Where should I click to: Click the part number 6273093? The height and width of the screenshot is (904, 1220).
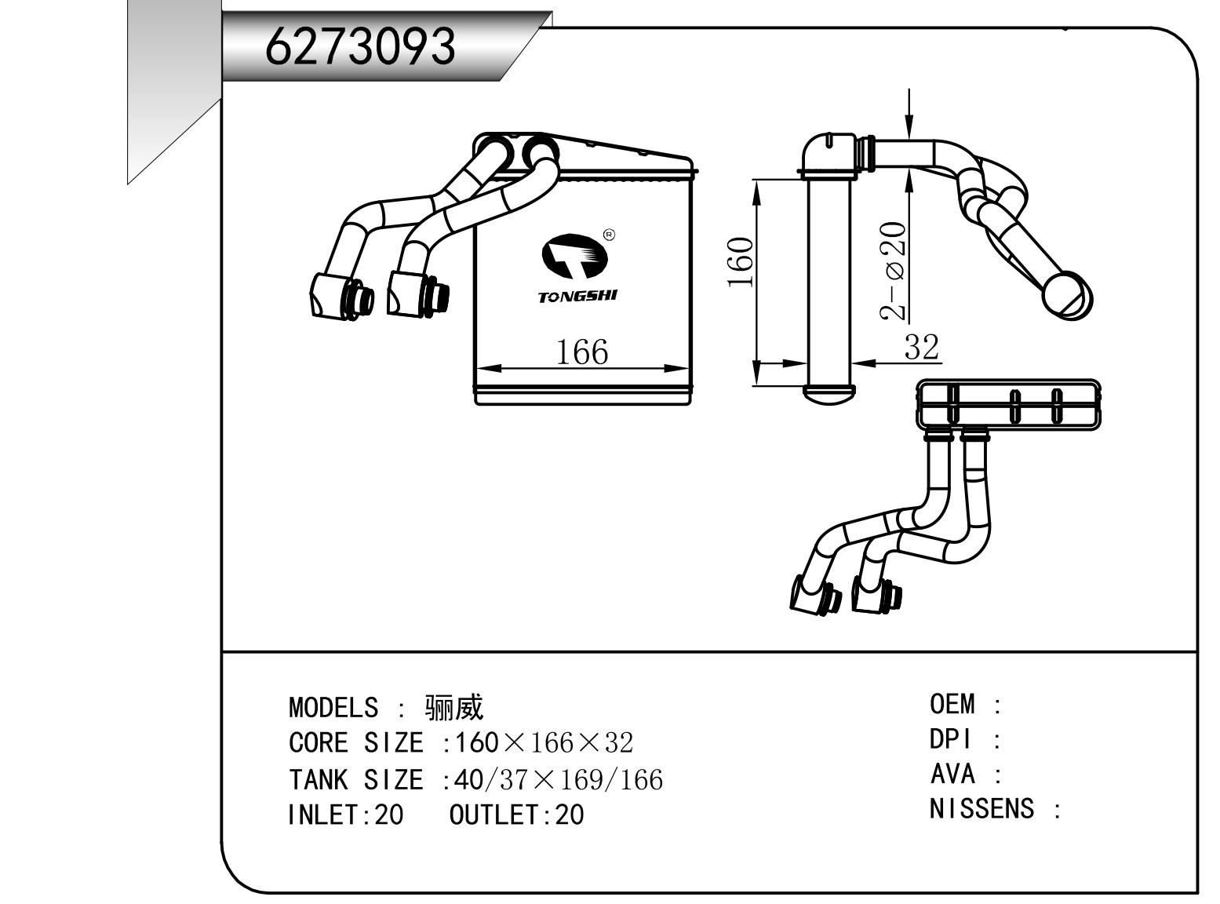click(x=360, y=46)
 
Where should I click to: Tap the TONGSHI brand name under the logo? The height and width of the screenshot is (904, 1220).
click(x=577, y=297)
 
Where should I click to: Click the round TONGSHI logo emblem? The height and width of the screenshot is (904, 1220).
click(x=575, y=255)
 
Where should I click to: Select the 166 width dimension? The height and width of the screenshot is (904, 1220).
click(x=581, y=352)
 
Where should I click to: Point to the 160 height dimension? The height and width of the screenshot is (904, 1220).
click(x=741, y=262)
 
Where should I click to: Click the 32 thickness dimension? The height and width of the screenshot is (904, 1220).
click(x=921, y=346)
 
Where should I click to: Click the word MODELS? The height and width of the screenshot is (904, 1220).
click(x=333, y=708)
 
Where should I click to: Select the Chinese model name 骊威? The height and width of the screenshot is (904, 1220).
click(x=454, y=708)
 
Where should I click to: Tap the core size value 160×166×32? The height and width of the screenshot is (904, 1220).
click(x=544, y=742)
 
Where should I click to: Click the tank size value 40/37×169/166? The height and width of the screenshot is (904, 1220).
click(x=559, y=779)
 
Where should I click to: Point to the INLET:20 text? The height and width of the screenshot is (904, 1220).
click(x=345, y=815)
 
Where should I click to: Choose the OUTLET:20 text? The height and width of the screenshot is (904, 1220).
click(x=516, y=815)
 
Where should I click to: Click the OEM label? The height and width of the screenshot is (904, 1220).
click(x=952, y=704)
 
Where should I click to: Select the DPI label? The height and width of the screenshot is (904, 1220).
click(x=951, y=739)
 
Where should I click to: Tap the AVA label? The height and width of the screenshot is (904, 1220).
click(x=952, y=775)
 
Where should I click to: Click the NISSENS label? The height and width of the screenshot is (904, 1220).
click(x=981, y=808)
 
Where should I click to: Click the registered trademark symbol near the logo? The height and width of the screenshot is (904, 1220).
click(x=610, y=235)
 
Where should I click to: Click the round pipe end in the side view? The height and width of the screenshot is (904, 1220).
click(x=1067, y=296)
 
